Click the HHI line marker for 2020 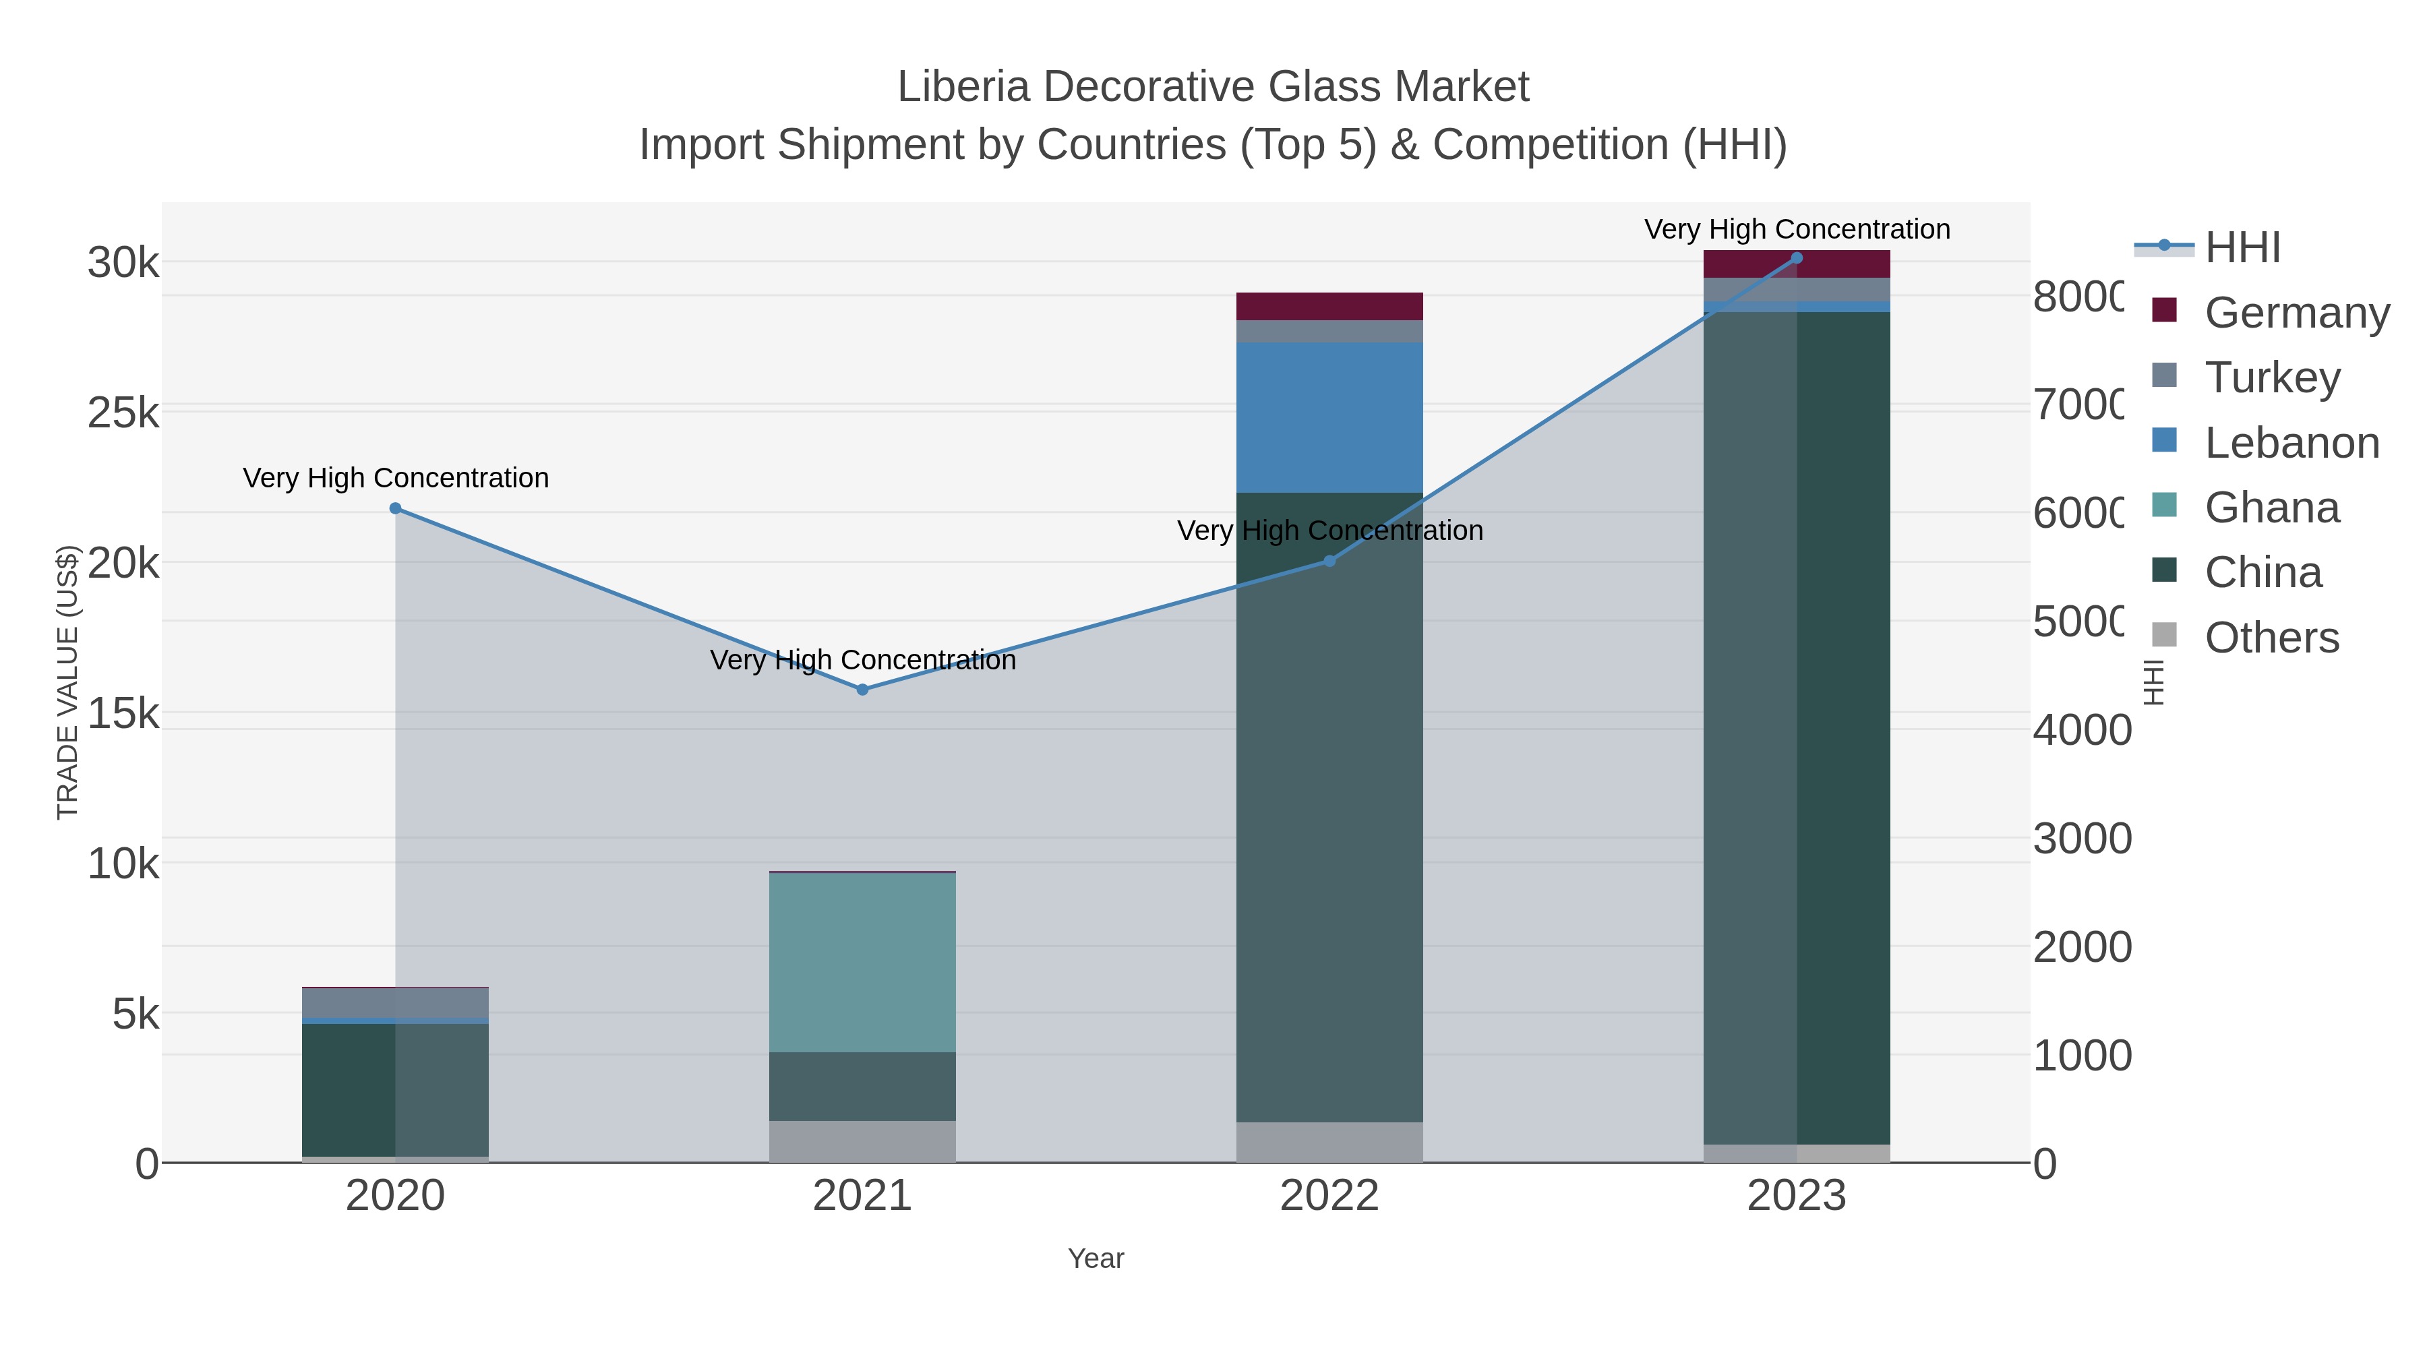tap(395, 509)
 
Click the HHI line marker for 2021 tap(862, 690)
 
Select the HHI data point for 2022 tap(1329, 562)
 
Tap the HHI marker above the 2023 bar tap(1797, 258)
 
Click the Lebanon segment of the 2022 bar tap(1329, 417)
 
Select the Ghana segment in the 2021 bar tap(862, 962)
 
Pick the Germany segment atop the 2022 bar tap(1329, 306)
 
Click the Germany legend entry tap(2296, 312)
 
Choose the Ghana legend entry tap(2271, 508)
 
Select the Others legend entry tap(2271, 638)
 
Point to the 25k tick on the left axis tap(123, 413)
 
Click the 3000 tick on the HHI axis tap(2080, 839)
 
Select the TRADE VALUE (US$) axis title tap(68, 682)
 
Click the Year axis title tap(1096, 1258)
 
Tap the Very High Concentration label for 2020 tap(396, 479)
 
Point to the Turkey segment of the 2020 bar tap(395, 1003)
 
